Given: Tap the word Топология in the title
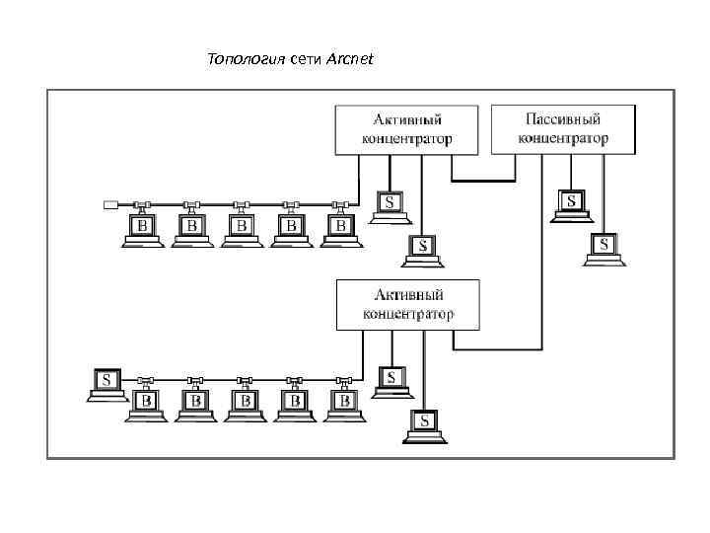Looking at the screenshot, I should [x=245, y=60].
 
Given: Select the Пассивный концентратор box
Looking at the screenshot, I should [x=561, y=128].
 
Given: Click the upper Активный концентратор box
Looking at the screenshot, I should [x=406, y=129].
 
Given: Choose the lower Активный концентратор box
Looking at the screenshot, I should [x=407, y=304].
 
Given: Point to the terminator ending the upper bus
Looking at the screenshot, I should [x=110, y=205].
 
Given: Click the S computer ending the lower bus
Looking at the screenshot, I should [x=107, y=382].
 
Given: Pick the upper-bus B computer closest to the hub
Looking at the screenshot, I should [x=340, y=228].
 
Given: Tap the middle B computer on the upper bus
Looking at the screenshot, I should [x=241, y=228].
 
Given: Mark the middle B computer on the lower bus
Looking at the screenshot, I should [x=244, y=403].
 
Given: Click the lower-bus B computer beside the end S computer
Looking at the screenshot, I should [x=145, y=403].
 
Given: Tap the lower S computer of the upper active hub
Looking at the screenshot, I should [x=423, y=248].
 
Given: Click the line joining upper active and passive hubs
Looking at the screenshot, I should [x=483, y=182].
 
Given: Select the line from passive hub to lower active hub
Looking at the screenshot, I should [x=541, y=266].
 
